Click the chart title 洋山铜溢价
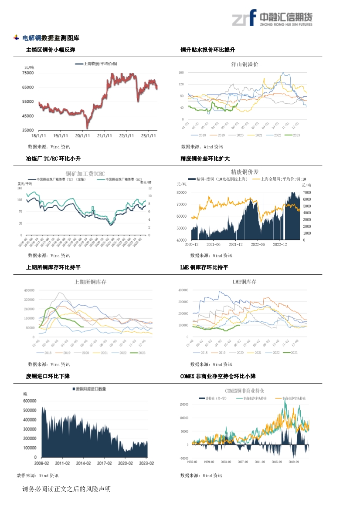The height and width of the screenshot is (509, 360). point(245,64)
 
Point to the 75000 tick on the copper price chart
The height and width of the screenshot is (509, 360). point(28,73)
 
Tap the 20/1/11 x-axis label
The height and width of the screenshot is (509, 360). point(82,135)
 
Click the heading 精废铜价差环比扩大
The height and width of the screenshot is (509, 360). point(205,158)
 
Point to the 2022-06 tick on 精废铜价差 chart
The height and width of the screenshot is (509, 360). point(258,244)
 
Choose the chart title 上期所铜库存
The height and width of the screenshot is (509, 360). point(91,282)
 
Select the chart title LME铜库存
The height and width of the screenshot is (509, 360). point(244,282)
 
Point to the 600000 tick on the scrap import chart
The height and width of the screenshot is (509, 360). point(30,401)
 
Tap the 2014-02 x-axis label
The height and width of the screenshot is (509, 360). point(82,463)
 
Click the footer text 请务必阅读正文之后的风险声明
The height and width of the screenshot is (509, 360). point(67,489)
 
